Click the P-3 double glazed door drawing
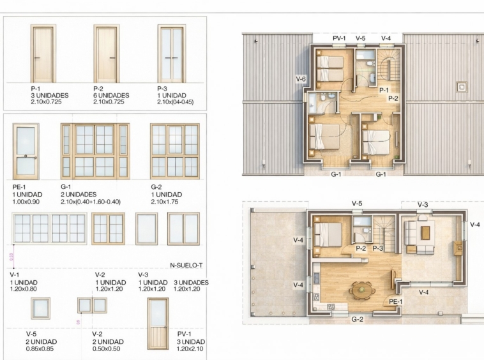coord(172,54)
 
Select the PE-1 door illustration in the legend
coord(26,151)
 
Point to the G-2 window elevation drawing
coord(175,151)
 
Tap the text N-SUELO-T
coord(186,266)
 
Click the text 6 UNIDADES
coord(111,95)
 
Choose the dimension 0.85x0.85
coord(40,349)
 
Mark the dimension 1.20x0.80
coord(24,289)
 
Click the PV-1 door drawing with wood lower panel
coord(158,323)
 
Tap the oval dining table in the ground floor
coord(361,290)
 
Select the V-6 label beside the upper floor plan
coord(301,79)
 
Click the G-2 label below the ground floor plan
coord(357,319)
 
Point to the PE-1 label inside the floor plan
coord(395,301)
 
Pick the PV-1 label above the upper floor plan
coord(339,38)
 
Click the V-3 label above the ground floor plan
coord(423,205)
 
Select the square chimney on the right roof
coord(462,87)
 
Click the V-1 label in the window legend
coord(15,275)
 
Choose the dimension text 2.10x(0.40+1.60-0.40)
coord(91,202)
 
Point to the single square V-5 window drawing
coord(40,308)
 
